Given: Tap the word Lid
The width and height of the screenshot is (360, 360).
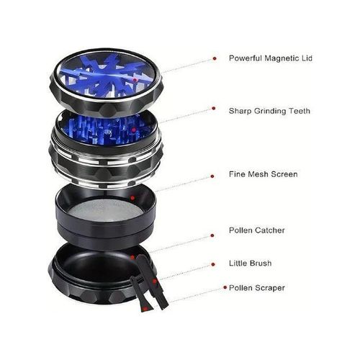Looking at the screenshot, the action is tap(307, 58).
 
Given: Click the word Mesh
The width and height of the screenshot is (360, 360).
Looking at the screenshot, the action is tap(258, 174).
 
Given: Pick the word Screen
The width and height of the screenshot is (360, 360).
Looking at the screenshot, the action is tap(284, 174).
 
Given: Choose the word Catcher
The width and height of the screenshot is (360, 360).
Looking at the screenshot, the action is tap(270, 230).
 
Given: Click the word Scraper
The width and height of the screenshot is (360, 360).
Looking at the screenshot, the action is tap(270, 288).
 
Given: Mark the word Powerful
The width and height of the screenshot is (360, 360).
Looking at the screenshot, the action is tap(246, 58).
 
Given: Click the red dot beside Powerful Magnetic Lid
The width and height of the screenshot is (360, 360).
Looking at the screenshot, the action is tap(215, 58).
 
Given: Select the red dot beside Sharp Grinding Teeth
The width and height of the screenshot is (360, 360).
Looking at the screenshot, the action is tap(214, 109).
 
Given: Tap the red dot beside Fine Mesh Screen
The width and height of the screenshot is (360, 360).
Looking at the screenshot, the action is tap(212, 176).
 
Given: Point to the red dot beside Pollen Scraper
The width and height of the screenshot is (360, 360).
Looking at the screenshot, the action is tap(225, 287).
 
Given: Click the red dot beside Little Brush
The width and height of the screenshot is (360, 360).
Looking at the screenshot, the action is tap(213, 264).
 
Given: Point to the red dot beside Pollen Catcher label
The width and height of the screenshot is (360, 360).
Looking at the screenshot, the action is tap(212, 235).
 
